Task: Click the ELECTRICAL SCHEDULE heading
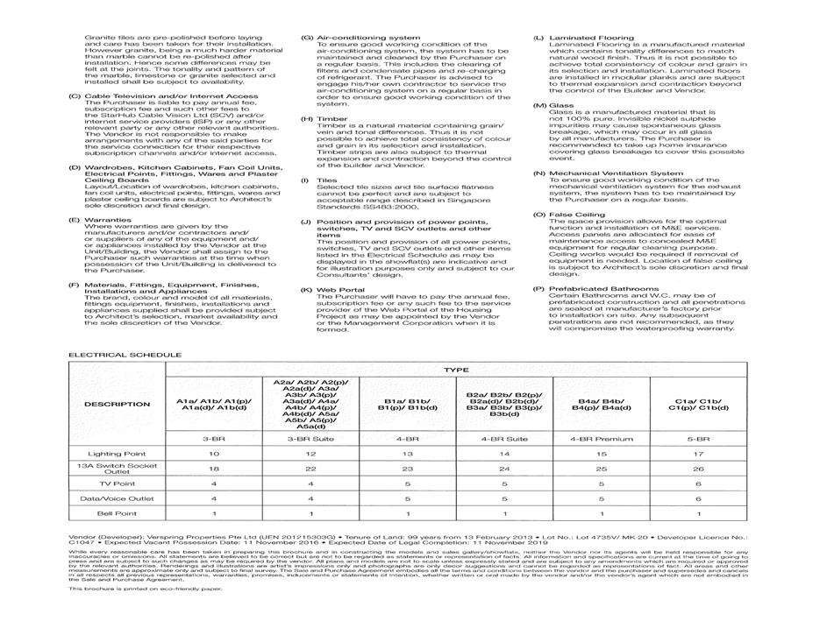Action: tap(113, 355)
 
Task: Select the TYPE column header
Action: tap(455, 370)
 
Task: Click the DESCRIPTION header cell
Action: tap(117, 404)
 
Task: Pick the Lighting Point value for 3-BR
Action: tap(214, 454)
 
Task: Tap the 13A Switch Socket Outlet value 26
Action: tap(698, 469)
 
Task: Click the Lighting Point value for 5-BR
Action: tap(698, 454)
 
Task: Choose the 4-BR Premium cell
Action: tap(601, 438)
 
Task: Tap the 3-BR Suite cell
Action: tap(310, 438)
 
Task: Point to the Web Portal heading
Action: tap(338, 288)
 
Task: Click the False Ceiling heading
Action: tap(576, 214)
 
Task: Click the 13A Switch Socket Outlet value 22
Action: tap(310, 469)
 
